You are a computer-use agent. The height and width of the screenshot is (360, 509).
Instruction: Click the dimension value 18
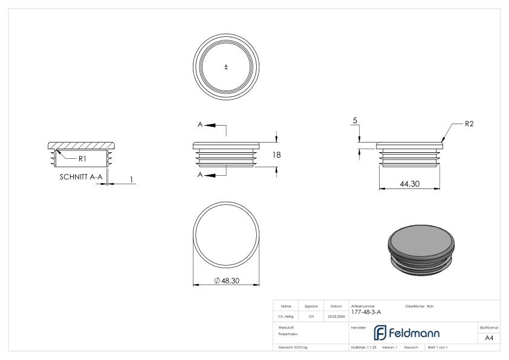(277, 155)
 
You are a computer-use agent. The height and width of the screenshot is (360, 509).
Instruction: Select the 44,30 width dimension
(410, 184)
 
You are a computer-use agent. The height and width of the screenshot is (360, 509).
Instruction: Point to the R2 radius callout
(469, 124)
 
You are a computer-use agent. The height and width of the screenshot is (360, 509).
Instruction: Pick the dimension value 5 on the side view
(355, 121)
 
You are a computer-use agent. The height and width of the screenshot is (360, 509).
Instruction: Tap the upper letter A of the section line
(200, 124)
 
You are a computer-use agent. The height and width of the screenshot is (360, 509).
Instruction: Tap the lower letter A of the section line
(200, 175)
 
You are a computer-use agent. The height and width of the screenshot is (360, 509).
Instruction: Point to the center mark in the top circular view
(226, 66)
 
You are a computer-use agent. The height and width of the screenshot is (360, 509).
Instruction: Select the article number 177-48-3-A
(366, 312)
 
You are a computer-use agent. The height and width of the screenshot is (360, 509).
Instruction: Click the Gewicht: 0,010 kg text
(293, 347)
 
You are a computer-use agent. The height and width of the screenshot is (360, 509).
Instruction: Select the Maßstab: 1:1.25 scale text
(364, 347)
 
